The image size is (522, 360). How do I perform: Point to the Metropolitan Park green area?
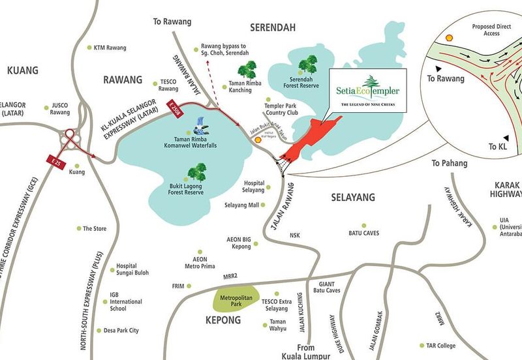point(237,301)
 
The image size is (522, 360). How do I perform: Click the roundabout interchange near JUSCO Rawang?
point(70,138)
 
